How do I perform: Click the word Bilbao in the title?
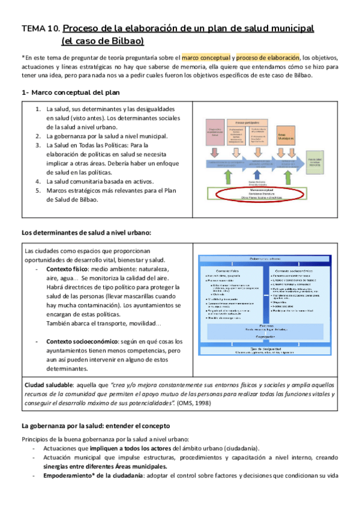pyautogui.click(x=128, y=41)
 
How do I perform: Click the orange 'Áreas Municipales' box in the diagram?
pyautogui.click(x=286, y=139)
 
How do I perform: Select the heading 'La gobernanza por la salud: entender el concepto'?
pyautogui.click(x=104, y=426)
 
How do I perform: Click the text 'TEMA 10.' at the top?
pyautogui.click(x=40, y=28)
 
